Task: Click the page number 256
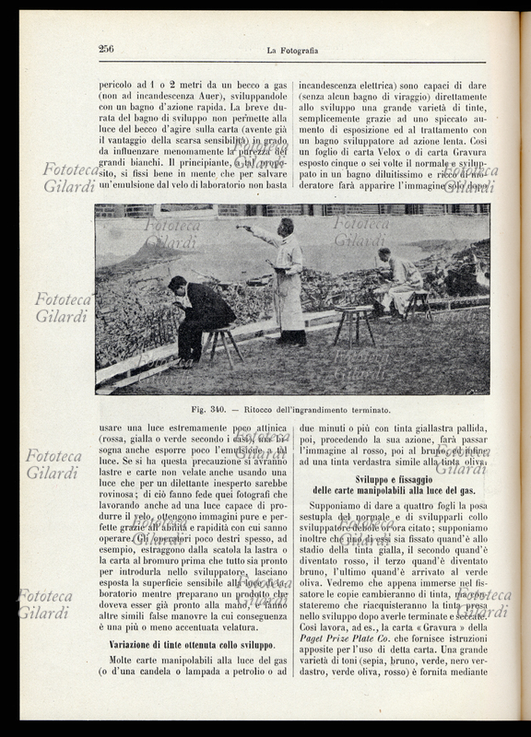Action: coord(106,49)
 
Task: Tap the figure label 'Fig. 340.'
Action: coord(211,409)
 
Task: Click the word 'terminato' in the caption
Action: coord(365,409)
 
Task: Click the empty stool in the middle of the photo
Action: coord(352,323)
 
